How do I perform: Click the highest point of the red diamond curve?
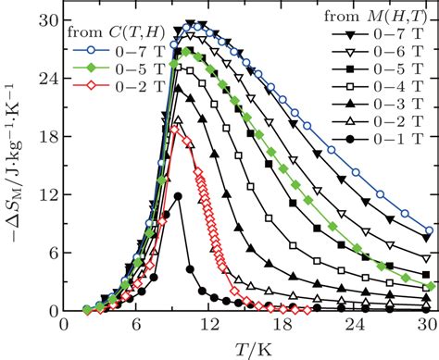point(174,130)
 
